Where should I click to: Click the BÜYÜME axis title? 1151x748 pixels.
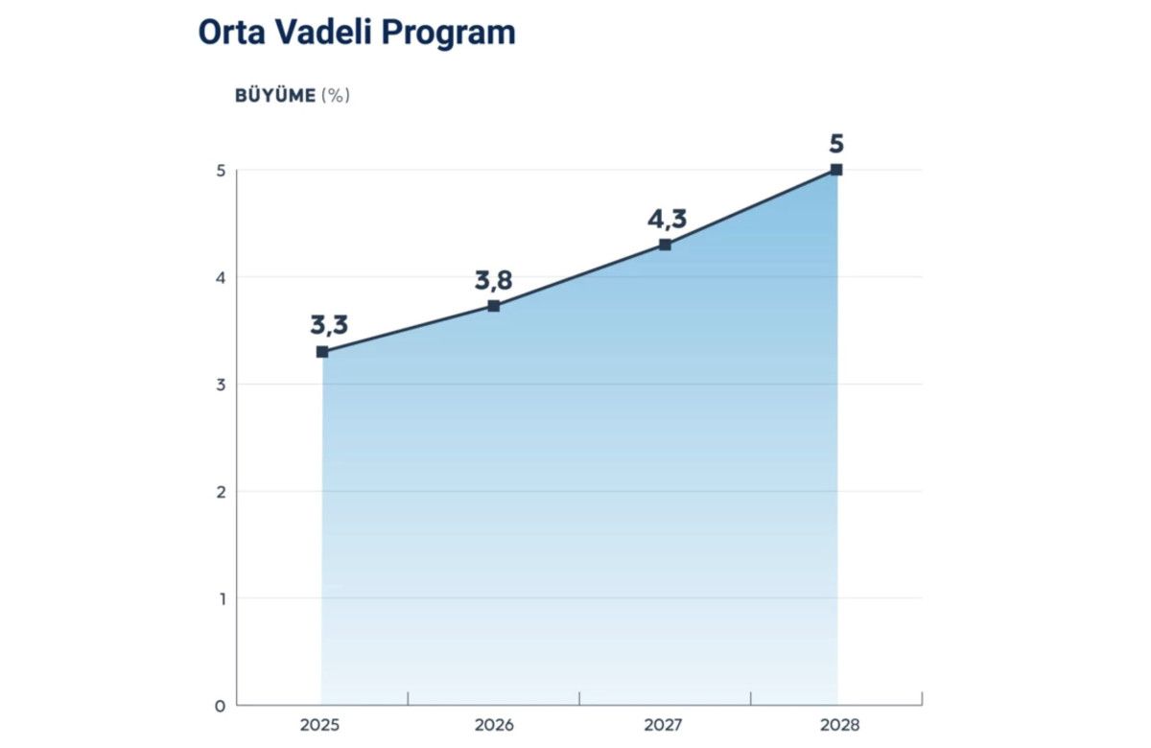click(274, 96)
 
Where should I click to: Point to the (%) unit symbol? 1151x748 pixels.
click(336, 96)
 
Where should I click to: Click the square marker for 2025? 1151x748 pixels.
click(322, 352)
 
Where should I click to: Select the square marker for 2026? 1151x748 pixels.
click(494, 306)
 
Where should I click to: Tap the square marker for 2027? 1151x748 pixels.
click(666, 245)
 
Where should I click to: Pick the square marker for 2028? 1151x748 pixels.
click(836, 170)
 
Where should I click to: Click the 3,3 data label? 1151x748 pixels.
click(329, 324)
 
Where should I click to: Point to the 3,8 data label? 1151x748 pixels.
click(494, 280)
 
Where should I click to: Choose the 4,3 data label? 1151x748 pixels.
click(667, 220)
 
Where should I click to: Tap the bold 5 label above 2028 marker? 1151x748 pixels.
click(836, 145)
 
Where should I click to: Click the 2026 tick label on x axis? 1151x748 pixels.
click(494, 725)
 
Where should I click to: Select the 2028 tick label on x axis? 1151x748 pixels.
click(836, 725)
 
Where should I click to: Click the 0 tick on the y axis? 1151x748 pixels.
click(220, 706)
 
